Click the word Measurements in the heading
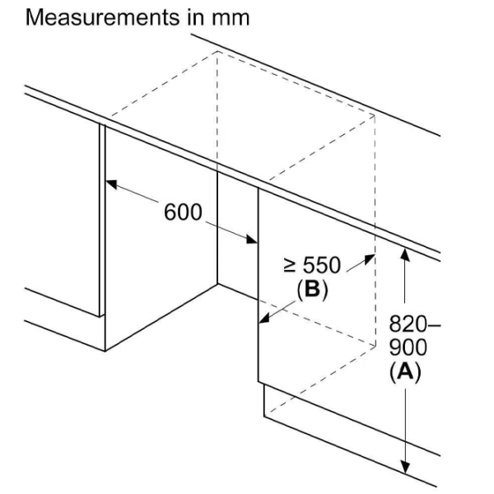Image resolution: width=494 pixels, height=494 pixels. click(x=103, y=17)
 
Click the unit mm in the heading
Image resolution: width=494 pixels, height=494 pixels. click(x=231, y=19)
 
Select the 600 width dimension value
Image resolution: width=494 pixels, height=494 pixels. click(x=183, y=212)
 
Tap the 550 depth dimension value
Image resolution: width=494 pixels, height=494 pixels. click(x=322, y=265)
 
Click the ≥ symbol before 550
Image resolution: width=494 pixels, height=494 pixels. click(x=290, y=265)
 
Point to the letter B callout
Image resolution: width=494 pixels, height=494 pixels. click(x=312, y=288)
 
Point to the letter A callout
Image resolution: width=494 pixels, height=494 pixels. click(x=405, y=371)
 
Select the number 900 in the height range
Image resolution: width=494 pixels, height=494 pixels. click(x=408, y=347)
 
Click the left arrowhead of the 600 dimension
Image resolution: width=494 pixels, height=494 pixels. click(x=111, y=184)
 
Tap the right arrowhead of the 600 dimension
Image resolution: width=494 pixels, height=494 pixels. click(x=252, y=239)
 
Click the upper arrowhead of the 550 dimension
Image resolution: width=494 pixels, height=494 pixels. click(x=369, y=259)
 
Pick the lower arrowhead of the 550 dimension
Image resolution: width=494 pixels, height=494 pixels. click(x=264, y=318)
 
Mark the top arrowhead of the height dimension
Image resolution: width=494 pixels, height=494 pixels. click(x=405, y=254)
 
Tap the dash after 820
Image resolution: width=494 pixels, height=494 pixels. click(x=434, y=324)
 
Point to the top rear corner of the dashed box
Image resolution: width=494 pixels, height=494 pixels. click(x=217, y=51)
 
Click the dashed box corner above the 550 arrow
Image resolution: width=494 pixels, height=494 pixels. click(x=375, y=115)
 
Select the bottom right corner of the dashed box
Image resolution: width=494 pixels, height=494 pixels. click(x=375, y=347)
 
